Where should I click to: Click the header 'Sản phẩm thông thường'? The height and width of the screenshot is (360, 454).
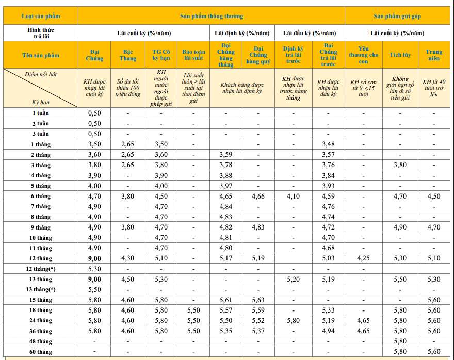212,17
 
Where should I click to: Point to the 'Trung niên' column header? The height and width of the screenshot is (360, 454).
434,55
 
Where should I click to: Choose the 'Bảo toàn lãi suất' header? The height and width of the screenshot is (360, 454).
193,55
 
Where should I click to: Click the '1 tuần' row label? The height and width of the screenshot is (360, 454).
41,113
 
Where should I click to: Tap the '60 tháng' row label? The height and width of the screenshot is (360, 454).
41,352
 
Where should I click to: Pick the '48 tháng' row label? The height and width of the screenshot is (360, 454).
41,341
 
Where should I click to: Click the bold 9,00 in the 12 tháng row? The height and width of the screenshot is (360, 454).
94,258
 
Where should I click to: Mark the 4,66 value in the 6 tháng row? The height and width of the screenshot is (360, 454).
258,196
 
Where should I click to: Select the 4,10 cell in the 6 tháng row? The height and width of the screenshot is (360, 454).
293,196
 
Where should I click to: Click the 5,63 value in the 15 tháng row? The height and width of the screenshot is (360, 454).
258,300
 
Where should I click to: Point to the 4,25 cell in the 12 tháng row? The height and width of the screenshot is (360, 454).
363,258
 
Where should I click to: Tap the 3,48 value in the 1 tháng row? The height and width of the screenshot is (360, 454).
328,144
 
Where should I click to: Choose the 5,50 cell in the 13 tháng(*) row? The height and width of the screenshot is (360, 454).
94,289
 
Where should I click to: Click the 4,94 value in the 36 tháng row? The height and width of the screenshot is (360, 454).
328,331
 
